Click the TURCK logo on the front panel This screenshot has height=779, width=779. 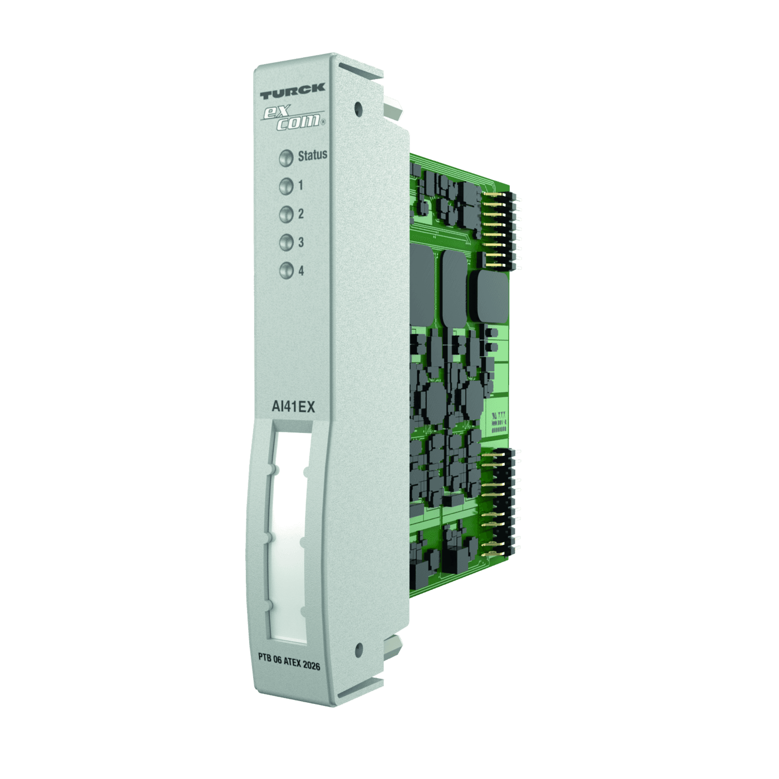pyautogui.click(x=292, y=91)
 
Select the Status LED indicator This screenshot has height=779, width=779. pyautogui.click(x=286, y=158)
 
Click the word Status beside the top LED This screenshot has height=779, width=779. pyautogui.click(x=312, y=155)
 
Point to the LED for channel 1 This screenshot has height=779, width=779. pyautogui.click(x=286, y=186)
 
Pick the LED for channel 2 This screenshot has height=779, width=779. pyautogui.click(x=286, y=214)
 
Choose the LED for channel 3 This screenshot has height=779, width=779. pyautogui.click(x=286, y=243)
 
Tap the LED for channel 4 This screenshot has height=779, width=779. pyautogui.click(x=286, y=271)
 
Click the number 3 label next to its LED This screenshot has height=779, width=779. pyautogui.click(x=301, y=242)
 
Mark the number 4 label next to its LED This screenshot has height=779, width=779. pyautogui.click(x=301, y=271)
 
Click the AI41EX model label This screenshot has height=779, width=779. pyautogui.click(x=293, y=407)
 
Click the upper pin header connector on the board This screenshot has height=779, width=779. pyautogui.click(x=501, y=231)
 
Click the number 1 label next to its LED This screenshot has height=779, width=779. pyautogui.click(x=300, y=185)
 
